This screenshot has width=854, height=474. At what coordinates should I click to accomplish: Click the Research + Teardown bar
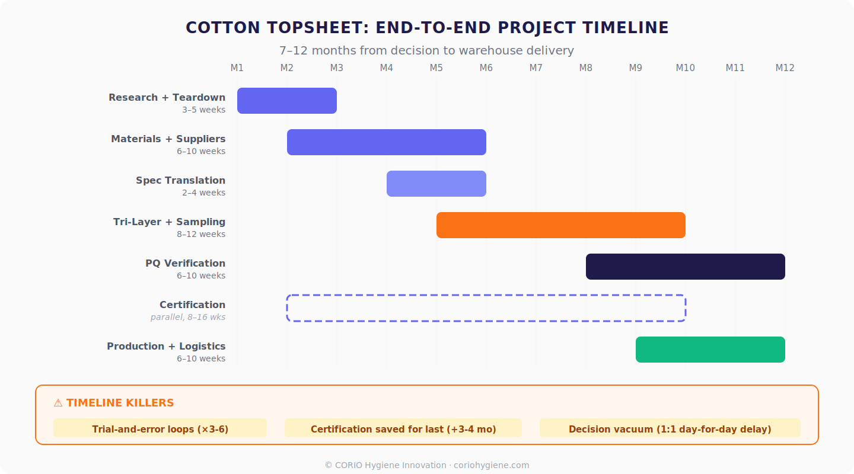(287, 101)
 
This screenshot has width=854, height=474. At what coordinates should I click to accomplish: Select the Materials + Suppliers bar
(387, 142)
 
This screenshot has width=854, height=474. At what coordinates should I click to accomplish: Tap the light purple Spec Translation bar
(436, 184)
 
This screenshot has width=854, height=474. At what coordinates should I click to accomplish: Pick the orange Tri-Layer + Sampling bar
(561, 225)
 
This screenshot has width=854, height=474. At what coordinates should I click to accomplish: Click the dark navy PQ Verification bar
(686, 267)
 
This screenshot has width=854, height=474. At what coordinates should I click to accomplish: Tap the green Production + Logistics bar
(710, 350)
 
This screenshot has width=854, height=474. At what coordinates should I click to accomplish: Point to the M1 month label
(237, 68)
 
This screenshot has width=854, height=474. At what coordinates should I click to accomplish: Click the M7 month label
(536, 68)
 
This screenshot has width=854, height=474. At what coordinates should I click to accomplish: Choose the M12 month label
(785, 68)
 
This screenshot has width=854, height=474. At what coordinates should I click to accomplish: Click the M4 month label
(387, 68)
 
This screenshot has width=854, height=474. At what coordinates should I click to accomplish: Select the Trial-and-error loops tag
(160, 429)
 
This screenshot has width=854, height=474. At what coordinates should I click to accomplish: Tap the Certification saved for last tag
(403, 429)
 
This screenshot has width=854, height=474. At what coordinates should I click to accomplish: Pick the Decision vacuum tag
(670, 429)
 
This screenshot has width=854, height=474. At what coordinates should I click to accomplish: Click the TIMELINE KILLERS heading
(114, 403)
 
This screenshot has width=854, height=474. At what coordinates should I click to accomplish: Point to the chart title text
(427, 28)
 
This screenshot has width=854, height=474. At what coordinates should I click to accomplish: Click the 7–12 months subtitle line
(427, 51)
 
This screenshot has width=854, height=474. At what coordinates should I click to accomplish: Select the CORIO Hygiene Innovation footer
(427, 465)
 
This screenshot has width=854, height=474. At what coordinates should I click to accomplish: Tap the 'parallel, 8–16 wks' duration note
(188, 317)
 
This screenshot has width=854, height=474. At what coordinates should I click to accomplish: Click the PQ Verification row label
(185, 263)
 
